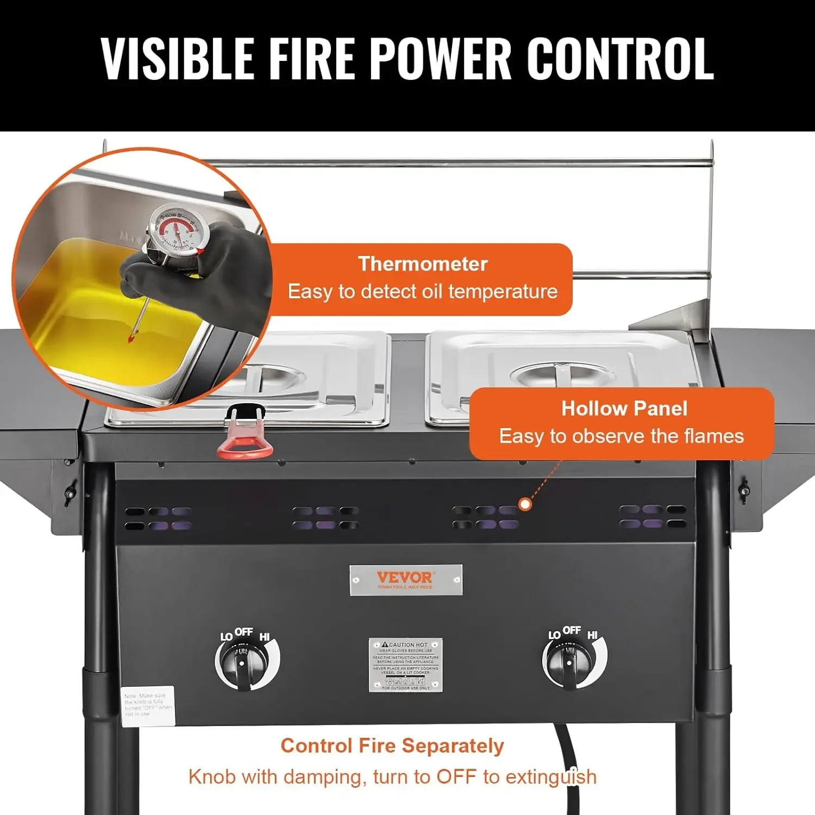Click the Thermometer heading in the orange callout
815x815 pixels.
click(x=423, y=264)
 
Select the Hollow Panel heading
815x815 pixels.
click(x=624, y=409)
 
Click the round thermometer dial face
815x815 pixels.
click(x=177, y=230)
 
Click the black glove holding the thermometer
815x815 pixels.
click(x=217, y=272)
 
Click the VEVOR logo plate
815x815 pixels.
click(x=405, y=580)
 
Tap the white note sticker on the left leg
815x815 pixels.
click(x=147, y=705)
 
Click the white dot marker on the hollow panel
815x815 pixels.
click(x=525, y=504)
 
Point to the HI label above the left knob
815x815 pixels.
click(x=265, y=637)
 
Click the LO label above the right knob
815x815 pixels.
click(x=554, y=635)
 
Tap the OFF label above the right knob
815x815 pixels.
click(x=572, y=630)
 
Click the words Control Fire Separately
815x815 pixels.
click(x=392, y=746)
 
